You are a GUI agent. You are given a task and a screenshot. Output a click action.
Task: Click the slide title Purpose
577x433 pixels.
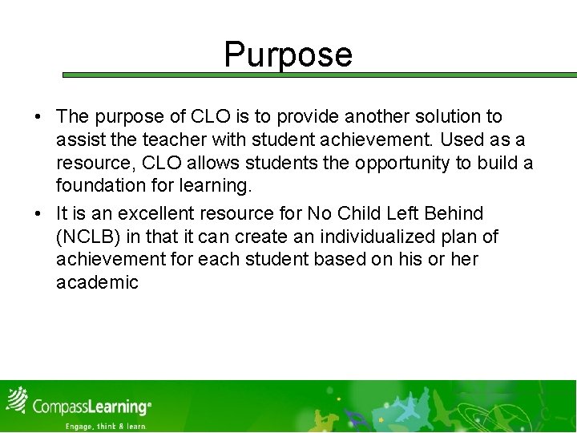[x=288, y=55]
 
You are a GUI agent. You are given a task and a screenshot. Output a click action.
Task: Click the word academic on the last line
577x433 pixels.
[x=97, y=283]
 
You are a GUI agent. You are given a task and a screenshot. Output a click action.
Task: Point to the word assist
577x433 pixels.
[x=79, y=140]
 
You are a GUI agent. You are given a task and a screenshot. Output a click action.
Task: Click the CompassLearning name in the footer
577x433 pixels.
[x=90, y=407]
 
